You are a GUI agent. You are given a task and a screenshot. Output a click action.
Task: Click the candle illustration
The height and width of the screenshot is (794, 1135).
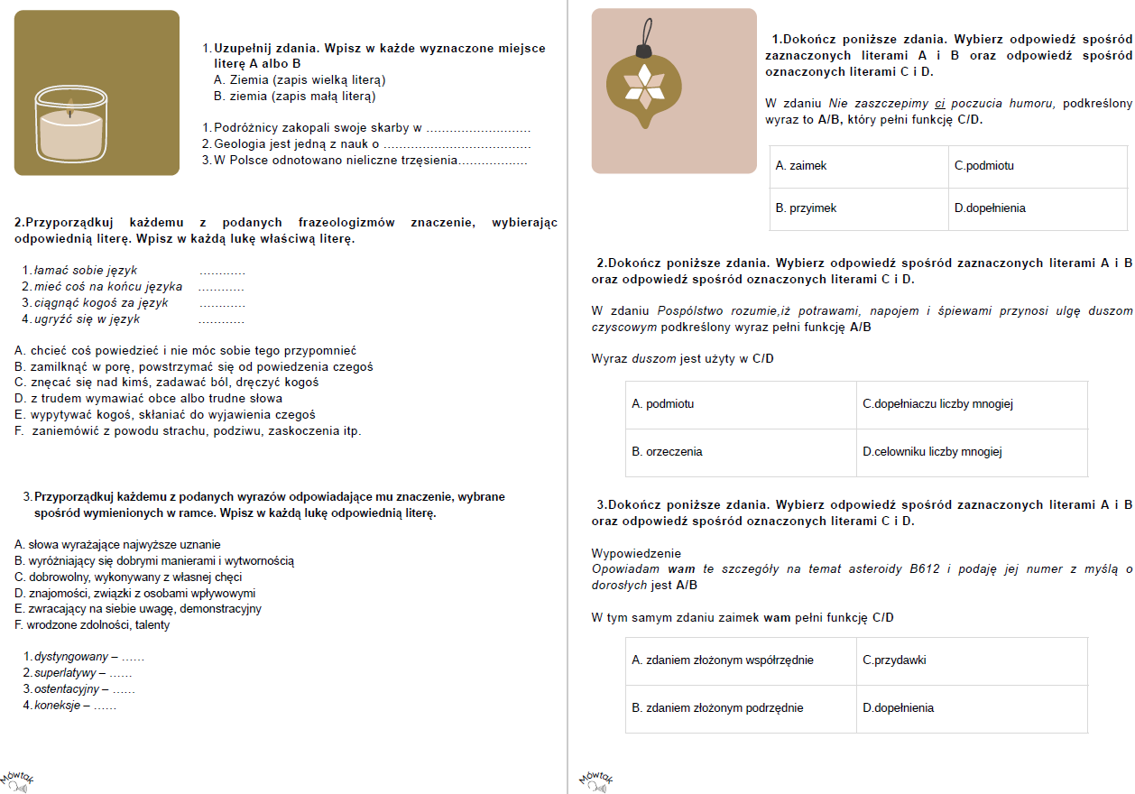coord(97,93)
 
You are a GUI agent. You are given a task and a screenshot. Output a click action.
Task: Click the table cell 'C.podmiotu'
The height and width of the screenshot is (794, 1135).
coord(1037,167)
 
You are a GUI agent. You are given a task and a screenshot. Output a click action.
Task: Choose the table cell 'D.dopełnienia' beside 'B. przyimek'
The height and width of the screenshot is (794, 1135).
coord(1037,208)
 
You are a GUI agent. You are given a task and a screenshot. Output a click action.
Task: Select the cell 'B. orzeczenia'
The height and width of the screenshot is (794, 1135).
coord(741,452)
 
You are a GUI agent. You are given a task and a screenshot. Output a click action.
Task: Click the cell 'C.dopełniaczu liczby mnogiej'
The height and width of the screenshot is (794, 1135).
coord(971,404)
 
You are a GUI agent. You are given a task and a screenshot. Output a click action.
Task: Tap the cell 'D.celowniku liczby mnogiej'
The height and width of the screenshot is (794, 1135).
coord(971,452)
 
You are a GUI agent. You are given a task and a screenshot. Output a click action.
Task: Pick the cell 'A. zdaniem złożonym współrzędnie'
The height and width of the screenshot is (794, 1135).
coord(741,660)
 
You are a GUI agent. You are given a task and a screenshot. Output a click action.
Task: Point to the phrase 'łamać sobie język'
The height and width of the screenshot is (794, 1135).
coord(86,270)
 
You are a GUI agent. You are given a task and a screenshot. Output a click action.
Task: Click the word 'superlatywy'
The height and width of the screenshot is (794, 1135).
coord(66,673)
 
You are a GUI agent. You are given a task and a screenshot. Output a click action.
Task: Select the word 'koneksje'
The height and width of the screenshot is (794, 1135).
coord(57,706)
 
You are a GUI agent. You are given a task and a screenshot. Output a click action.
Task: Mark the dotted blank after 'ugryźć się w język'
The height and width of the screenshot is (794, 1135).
coord(221,319)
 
